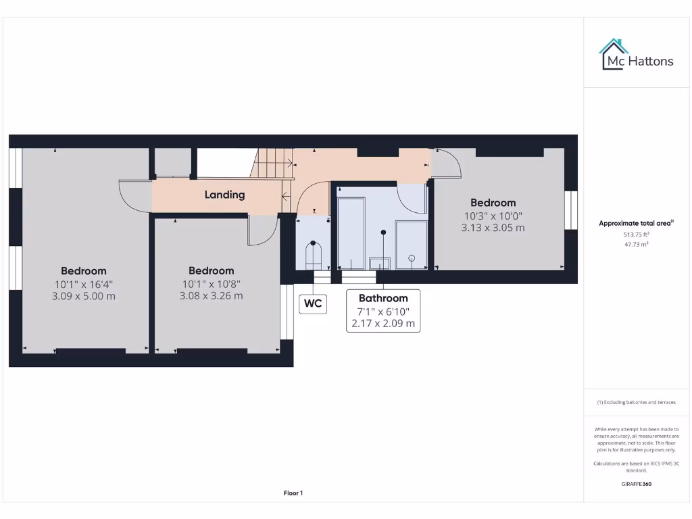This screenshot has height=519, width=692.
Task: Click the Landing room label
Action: (224, 195)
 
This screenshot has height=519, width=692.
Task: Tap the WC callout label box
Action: (313, 303)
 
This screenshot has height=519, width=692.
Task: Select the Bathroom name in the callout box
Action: (383, 298)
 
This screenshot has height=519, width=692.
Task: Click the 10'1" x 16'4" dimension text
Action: (84, 284)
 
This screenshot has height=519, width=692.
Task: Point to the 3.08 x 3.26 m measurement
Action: (211, 295)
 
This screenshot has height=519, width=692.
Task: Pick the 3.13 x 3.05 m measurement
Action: (493, 228)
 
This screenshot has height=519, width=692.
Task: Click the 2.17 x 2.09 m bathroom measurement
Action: (383, 324)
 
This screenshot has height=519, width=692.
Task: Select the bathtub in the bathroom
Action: (351, 233)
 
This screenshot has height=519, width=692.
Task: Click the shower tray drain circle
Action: (412, 257)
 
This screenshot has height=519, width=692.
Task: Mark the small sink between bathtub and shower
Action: (379, 262)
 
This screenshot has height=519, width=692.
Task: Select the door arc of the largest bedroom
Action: (134, 196)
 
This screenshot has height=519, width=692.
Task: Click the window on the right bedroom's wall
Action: (571, 209)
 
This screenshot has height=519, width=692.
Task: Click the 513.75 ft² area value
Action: (635, 234)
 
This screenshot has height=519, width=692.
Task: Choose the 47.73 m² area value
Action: (635, 244)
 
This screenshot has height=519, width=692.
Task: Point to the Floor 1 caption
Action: (293, 493)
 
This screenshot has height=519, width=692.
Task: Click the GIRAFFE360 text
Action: (636, 484)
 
